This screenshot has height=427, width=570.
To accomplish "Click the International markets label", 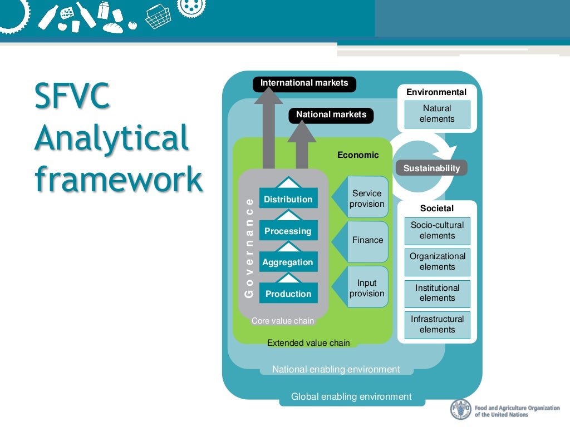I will point(304,83).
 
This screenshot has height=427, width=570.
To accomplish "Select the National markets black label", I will point(331,115).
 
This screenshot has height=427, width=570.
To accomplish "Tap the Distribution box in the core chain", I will point(288,199).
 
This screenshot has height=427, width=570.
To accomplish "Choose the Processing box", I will point(288,231).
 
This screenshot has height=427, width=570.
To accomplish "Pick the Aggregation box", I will point(288,262).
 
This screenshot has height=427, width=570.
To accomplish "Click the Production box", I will point(288,294).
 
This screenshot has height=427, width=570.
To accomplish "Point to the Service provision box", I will point(367,199).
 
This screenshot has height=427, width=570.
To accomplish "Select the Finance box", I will point(367,240).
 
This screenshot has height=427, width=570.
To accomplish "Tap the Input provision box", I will point(367,289).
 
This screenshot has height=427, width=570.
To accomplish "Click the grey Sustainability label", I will point(431,168).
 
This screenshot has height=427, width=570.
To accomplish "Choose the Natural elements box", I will point(437,114).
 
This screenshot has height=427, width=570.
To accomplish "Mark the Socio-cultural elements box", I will point(437,231).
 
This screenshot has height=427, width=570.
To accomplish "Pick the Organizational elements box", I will point(437,262).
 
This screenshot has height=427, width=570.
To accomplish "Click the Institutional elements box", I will point(437,294).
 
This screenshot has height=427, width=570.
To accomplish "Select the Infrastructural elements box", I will point(437,325).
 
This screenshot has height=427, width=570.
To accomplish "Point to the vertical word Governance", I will point(249,247).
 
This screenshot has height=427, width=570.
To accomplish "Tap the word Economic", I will point(358,155).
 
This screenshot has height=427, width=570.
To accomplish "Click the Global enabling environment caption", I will point(351,397).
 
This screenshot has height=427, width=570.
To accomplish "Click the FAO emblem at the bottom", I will point(460,410).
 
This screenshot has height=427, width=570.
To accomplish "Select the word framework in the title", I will point(118,179).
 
